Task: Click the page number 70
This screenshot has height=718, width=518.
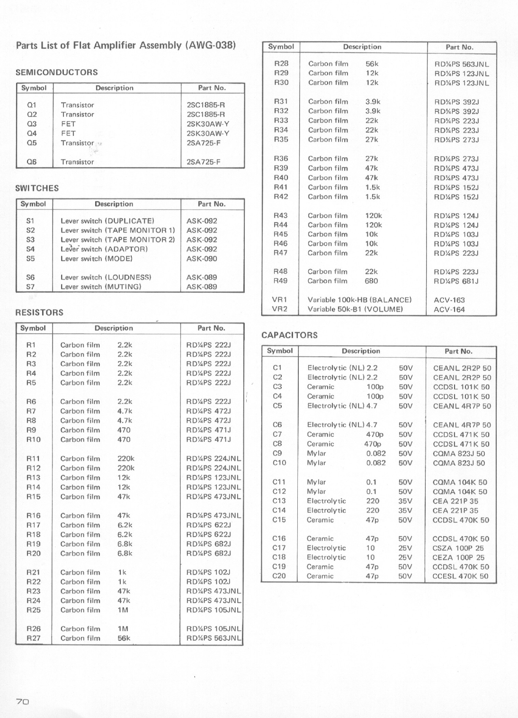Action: (x=23, y=701)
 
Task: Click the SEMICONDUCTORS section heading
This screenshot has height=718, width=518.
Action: (x=57, y=72)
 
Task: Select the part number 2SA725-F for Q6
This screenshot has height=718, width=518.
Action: (x=204, y=162)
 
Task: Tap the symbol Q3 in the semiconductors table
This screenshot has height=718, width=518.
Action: (x=32, y=124)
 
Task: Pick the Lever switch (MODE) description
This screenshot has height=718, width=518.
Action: (x=97, y=259)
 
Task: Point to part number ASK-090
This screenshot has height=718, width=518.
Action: (x=202, y=259)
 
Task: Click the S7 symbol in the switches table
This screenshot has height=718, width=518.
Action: (x=30, y=287)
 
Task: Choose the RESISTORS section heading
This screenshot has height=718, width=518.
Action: (x=39, y=313)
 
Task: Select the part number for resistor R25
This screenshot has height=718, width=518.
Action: (x=214, y=610)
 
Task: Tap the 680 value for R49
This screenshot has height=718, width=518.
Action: (x=371, y=281)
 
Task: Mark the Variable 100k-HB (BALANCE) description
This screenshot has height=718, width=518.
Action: (x=359, y=300)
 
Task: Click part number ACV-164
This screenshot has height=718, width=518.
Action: (x=449, y=310)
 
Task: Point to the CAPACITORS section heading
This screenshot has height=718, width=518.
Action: (x=289, y=335)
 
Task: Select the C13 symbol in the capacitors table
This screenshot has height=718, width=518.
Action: (x=279, y=501)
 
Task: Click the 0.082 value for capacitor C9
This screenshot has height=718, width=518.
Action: (x=376, y=453)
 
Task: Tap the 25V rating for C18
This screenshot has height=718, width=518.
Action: (x=405, y=557)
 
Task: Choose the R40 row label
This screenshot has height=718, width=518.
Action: (x=281, y=178)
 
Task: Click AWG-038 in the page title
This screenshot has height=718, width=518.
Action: (x=210, y=45)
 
